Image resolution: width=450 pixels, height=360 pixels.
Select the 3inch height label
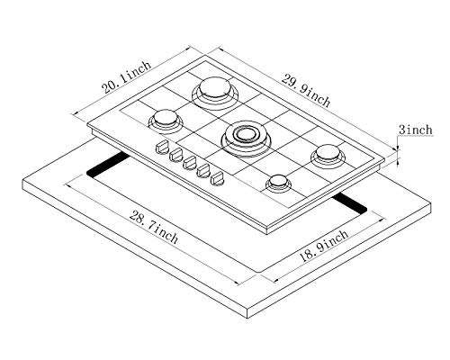click(x=417, y=131)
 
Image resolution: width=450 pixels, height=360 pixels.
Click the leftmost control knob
click(x=163, y=147)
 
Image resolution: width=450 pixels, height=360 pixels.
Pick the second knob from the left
click(x=176, y=156)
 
